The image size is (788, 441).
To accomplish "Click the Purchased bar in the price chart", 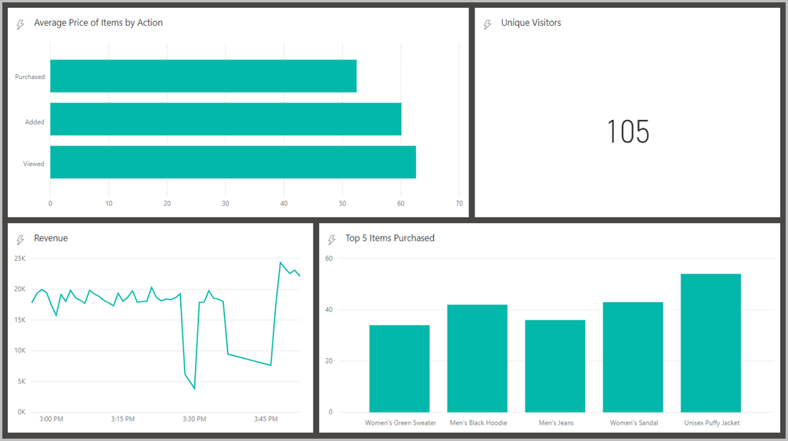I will pos(203,76).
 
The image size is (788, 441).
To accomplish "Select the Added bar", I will pos(226,119).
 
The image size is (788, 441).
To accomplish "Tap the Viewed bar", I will pos(233,162).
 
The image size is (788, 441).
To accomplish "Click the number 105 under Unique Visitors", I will pos(628,132).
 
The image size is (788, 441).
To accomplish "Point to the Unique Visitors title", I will pos(531,23).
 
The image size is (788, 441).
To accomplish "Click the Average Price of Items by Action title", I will pos(98,23).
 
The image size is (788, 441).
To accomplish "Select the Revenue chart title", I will pos(51,238).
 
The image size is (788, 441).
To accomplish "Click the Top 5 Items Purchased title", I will pos(389,238).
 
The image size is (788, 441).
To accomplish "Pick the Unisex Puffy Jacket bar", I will pos(710,343).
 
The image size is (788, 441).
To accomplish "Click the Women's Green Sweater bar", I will pos(399,368).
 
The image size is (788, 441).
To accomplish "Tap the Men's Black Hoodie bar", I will pos(477,358).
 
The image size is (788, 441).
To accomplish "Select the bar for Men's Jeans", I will pos(555,366).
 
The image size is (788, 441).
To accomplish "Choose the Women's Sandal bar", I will pos(633,356).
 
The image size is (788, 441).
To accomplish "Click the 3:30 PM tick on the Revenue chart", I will pos(194,419).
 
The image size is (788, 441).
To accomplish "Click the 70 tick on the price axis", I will pos(459,204).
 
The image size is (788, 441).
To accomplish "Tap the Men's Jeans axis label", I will pos(555,423).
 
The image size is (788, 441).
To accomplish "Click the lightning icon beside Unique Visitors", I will pos(488,24).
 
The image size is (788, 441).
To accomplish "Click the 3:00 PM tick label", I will pos(51,419).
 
